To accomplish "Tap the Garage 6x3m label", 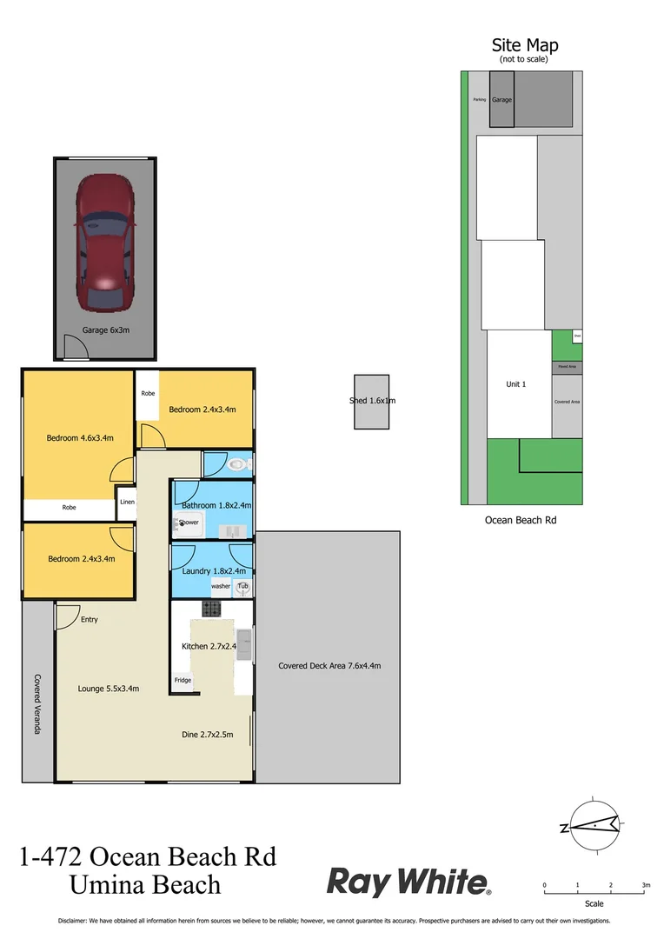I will point(106,330).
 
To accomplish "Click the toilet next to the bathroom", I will point(236,465).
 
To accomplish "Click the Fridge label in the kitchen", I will point(183,680).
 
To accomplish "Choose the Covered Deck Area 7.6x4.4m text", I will point(329,666).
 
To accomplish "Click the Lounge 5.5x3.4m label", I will point(109,689).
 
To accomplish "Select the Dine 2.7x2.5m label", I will point(206,735).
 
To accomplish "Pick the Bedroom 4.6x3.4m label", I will point(80,437).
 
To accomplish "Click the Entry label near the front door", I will point(90,620).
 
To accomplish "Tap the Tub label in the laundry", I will point(242,586).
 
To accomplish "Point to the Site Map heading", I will point(525,45).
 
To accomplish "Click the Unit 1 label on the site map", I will point(516,383).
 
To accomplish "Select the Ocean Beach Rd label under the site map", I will point(521,520).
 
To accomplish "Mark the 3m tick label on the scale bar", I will point(646,885).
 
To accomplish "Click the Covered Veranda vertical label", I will point(38,703).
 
